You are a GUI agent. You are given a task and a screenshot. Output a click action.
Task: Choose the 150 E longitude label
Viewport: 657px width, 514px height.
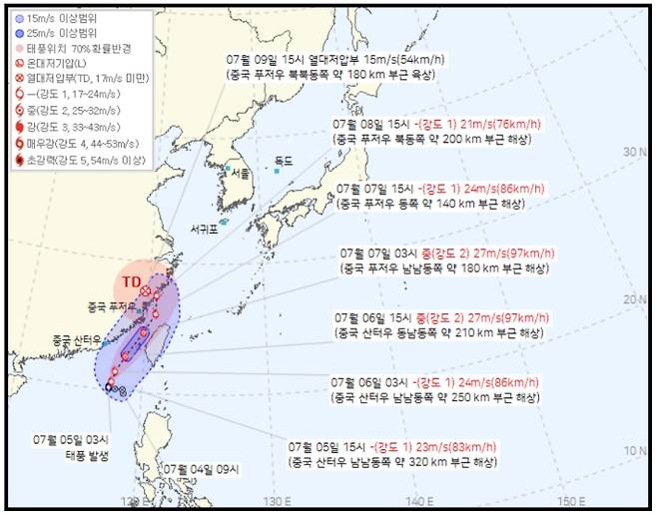569,499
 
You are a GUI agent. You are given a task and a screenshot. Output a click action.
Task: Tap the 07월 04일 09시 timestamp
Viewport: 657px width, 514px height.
198,468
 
